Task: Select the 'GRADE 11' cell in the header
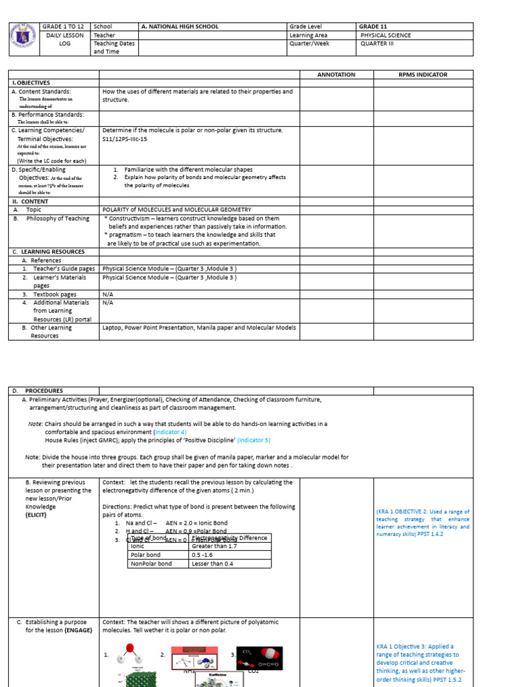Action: [x=374, y=27]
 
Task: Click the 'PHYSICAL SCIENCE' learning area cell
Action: [x=386, y=36]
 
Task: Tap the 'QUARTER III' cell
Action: [x=378, y=44]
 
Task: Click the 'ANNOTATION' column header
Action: [x=336, y=74]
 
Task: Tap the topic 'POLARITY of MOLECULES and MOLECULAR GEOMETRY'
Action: [x=177, y=210]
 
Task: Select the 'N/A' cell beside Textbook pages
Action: [x=107, y=294]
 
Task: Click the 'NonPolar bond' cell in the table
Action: [x=151, y=564]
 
